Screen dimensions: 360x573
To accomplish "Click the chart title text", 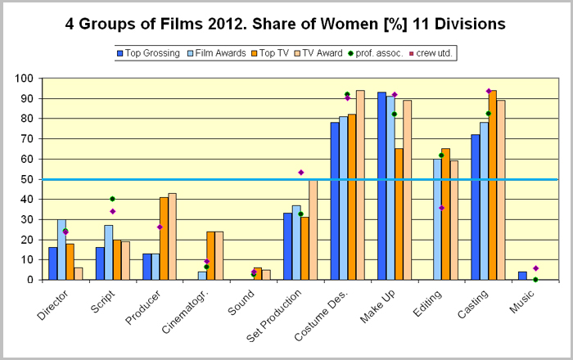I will pyautogui.click(x=286, y=24).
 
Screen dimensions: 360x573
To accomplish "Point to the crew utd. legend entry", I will pyautogui.click(x=438, y=53).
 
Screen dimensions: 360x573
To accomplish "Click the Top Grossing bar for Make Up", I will pyautogui.click(x=382, y=187).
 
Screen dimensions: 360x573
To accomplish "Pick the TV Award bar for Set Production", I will pyautogui.click(x=313, y=230).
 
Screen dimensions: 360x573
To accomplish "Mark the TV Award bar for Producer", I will pyautogui.click(x=171, y=236).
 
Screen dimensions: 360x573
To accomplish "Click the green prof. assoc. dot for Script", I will pyautogui.click(x=112, y=199).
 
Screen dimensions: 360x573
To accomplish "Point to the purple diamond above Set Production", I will pyautogui.click(x=301, y=173).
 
